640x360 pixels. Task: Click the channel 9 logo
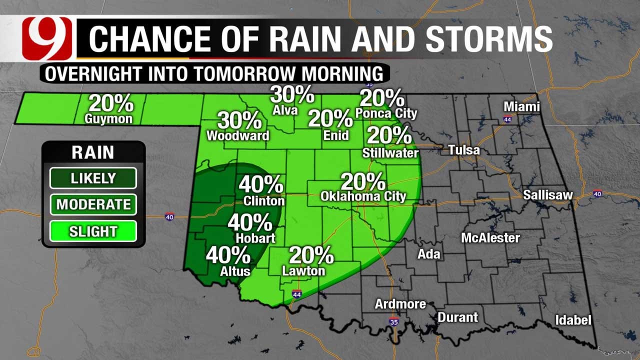pos(48,38)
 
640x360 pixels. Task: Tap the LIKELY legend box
pos(93,178)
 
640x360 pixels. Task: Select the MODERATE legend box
pos(93,204)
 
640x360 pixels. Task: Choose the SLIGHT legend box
pos(93,231)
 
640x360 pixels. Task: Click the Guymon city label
pos(108,119)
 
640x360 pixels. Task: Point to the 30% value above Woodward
pos(239,120)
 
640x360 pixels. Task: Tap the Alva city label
pos(285,110)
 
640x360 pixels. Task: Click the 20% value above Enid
pos(330,118)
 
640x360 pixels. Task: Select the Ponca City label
pos(386,113)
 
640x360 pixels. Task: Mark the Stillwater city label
pos(390,153)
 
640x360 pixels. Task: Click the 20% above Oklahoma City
pos(363,181)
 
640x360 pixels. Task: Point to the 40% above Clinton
pos(261,184)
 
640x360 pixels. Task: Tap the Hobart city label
pos(255,238)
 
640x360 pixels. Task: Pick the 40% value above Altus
pos(228,255)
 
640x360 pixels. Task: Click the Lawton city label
pos(303,271)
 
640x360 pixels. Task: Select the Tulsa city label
pos(463,150)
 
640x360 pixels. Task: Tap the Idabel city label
pos(573,320)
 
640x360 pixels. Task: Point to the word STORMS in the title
pos(488,39)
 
